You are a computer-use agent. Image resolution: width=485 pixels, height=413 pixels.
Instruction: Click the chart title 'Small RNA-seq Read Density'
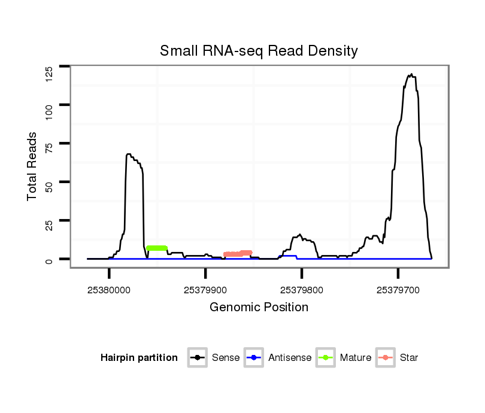click(x=259, y=51)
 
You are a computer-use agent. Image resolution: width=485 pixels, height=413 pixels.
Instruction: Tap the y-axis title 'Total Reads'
click(x=32, y=166)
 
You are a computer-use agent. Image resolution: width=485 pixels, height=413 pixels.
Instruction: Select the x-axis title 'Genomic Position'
click(x=259, y=308)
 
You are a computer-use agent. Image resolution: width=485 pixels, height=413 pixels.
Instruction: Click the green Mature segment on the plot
click(x=157, y=248)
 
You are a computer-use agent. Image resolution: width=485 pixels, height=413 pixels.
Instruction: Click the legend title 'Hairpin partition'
click(x=139, y=358)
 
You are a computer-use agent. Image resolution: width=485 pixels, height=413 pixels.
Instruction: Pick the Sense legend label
click(x=226, y=358)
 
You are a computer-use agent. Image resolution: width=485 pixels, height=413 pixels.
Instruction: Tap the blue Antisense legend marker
click(x=254, y=358)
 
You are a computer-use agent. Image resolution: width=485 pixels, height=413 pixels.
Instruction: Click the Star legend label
click(x=409, y=358)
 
